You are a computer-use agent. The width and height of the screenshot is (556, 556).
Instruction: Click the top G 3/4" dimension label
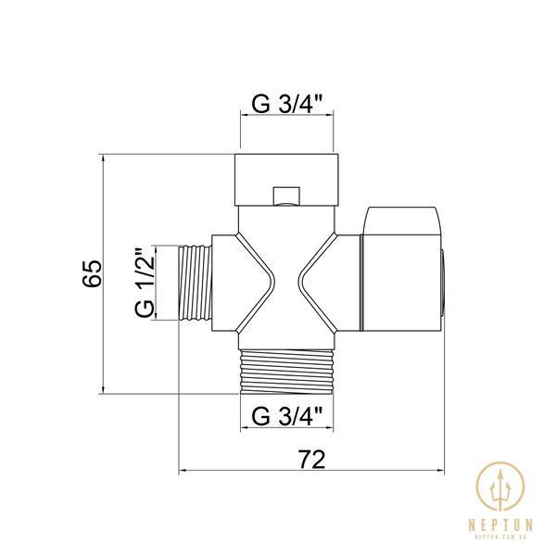coord(287,105)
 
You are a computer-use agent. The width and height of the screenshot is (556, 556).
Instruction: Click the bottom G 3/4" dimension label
coord(287,416)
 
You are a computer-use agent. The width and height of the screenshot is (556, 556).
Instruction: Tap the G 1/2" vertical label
coord(145,283)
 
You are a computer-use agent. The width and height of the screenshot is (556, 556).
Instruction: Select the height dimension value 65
coord(92,273)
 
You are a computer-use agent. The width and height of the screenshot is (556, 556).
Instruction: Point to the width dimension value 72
coord(311,460)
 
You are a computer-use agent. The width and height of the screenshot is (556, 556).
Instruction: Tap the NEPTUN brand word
coord(500,524)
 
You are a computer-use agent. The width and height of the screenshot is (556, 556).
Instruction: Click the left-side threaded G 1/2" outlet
coord(195,283)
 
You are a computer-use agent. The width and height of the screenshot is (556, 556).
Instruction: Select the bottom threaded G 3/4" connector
coord(287,372)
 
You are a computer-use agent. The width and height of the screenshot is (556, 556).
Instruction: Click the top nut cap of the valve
coord(287,180)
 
